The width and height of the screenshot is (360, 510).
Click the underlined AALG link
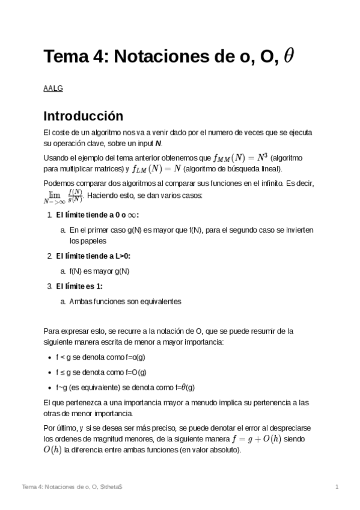pyautogui.click(x=53, y=89)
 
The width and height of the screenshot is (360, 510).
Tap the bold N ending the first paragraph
pyautogui.click(x=158, y=143)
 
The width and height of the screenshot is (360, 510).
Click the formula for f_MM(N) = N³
pyautogui.click(x=241, y=158)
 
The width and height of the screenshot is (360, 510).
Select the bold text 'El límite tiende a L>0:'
pyautogui.click(x=93, y=256)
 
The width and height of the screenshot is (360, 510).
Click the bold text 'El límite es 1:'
pyautogui.click(x=79, y=286)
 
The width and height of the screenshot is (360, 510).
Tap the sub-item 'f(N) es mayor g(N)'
pyautogui.click(x=99, y=271)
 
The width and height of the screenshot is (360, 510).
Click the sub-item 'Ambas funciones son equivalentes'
pyautogui.click(x=125, y=301)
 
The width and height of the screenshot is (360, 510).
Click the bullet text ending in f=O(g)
pyautogui.click(x=101, y=372)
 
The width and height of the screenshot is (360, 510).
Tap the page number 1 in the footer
pyautogui.click(x=337, y=486)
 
